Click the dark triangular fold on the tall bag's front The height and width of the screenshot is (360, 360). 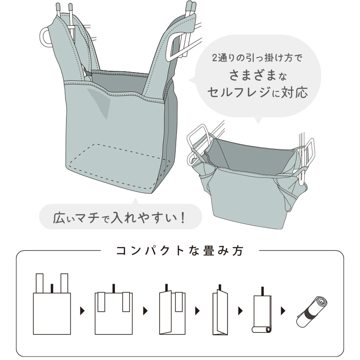(x=100, y=101)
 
